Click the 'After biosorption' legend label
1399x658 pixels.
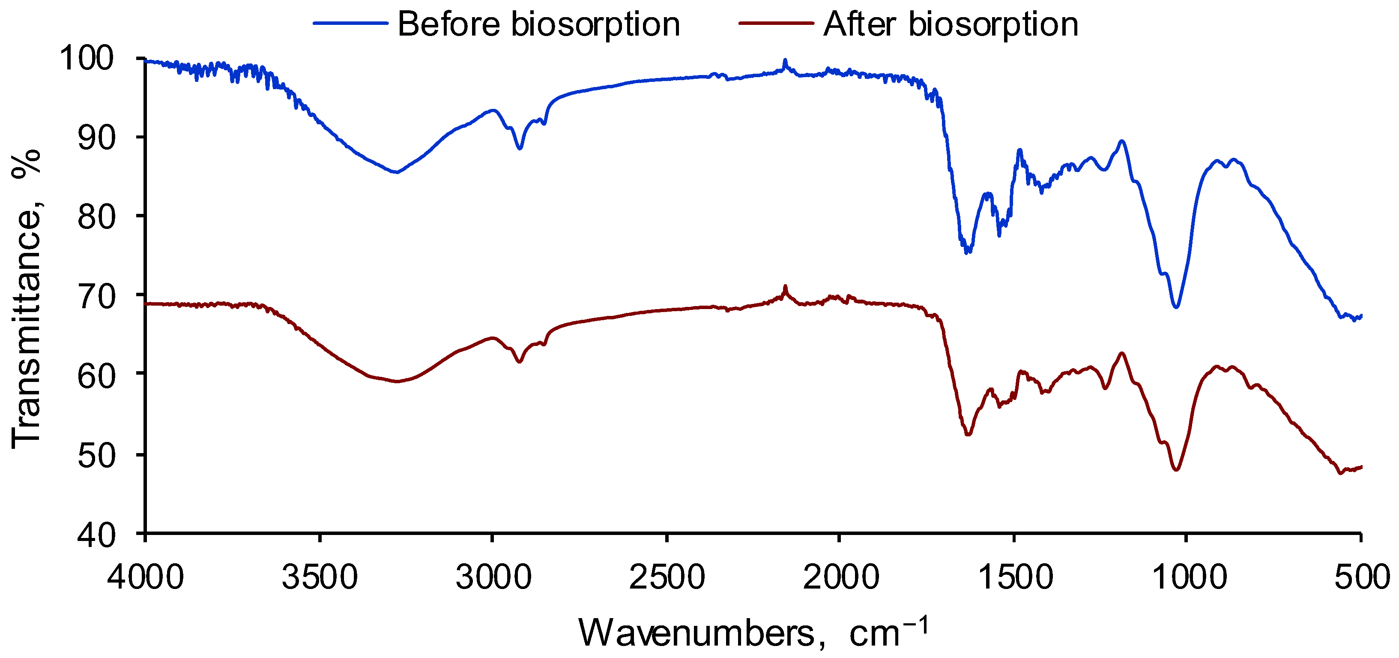click(951, 24)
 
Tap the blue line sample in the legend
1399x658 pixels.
click(350, 24)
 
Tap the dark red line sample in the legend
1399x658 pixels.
click(776, 24)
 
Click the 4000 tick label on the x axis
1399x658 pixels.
click(146, 577)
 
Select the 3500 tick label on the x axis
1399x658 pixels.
click(320, 577)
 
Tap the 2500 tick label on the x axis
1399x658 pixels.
click(667, 577)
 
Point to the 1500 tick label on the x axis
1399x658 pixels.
click(1014, 577)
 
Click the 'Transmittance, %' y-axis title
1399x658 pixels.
click(26, 299)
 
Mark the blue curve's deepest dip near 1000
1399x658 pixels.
click(1176, 307)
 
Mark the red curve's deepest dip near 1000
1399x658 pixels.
click(1176, 469)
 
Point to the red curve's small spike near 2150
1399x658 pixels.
click(785, 286)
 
